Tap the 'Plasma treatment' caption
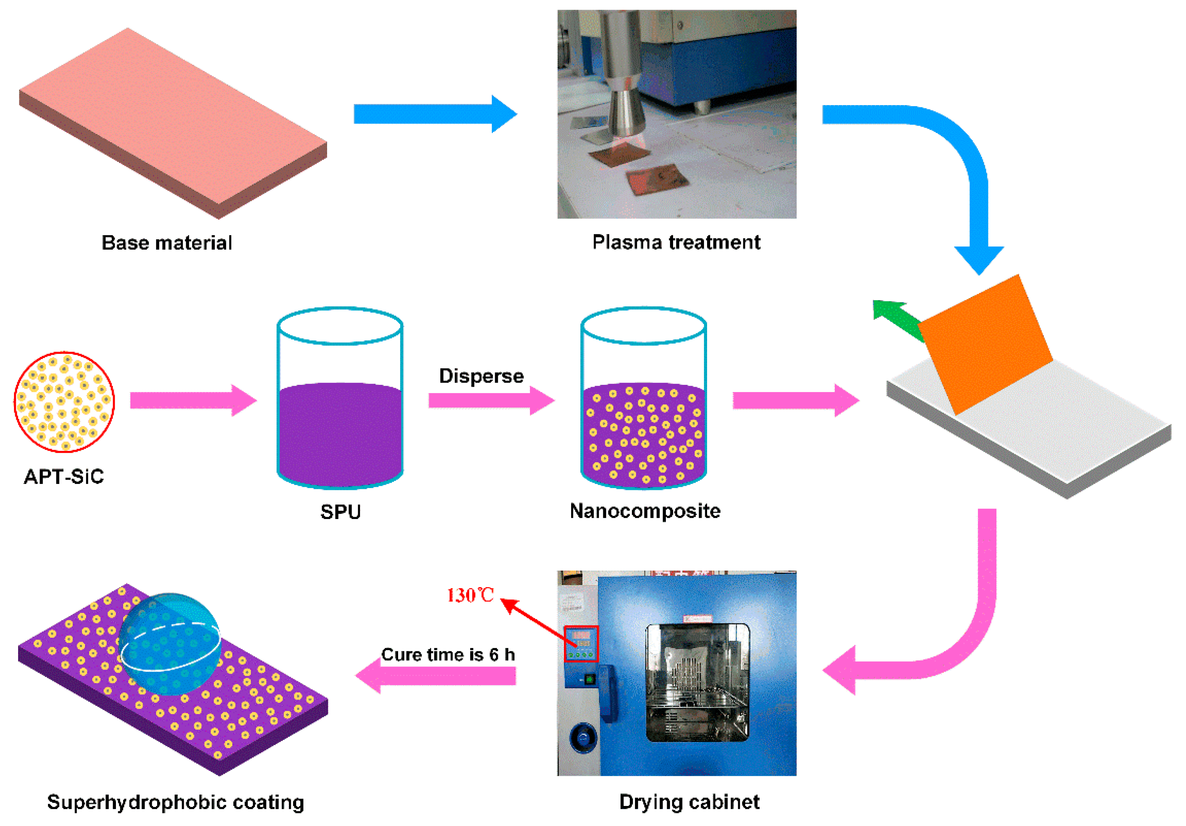click(676, 242)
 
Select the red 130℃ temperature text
click(470, 595)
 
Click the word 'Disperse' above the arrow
click(481, 376)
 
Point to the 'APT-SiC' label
click(64, 476)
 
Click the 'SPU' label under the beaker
click(340, 512)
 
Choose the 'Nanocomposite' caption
click(645, 511)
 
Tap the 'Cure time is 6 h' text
click(448, 654)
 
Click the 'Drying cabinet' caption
click(689, 802)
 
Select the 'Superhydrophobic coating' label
click(176, 802)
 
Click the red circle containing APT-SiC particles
click(65, 402)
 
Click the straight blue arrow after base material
click(434, 114)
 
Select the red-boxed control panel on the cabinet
click(581, 643)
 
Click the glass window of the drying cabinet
click(697, 682)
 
